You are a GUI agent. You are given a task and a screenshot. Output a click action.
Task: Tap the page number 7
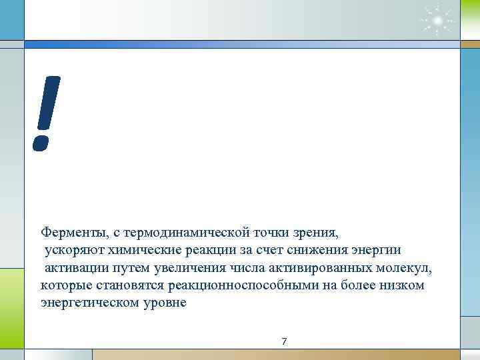(x=285, y=341)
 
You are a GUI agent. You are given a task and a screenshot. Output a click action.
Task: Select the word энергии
(x=377, y=251)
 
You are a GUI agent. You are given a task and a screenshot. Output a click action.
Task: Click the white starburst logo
(x=436, y=21)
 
